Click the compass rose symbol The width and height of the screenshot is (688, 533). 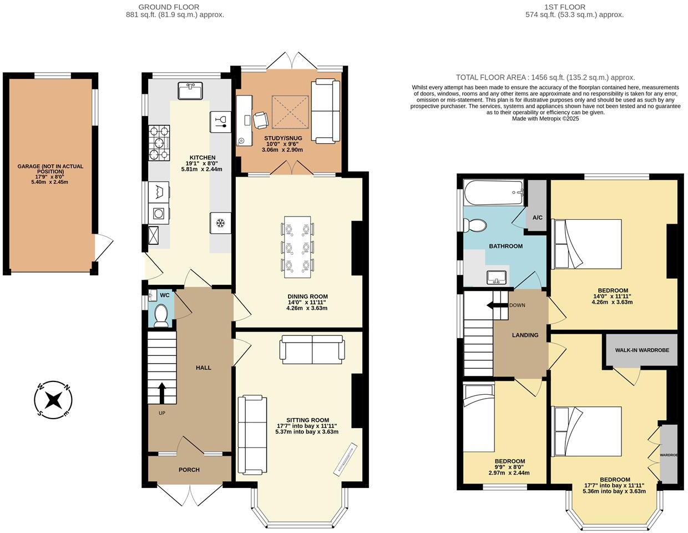54,399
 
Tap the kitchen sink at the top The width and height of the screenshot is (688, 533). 191,89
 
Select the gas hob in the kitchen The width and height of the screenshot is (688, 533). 159,143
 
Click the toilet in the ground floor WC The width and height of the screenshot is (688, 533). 161,315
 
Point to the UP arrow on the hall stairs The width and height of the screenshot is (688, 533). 162,393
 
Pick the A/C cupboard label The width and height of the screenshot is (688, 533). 537,217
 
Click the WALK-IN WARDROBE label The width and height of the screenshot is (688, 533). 642,350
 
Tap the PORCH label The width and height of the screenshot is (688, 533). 189,470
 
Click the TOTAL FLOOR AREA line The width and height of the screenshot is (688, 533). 545,78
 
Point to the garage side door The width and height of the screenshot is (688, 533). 103,248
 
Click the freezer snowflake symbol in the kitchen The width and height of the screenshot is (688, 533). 220,223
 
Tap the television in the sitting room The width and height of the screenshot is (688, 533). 345,459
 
